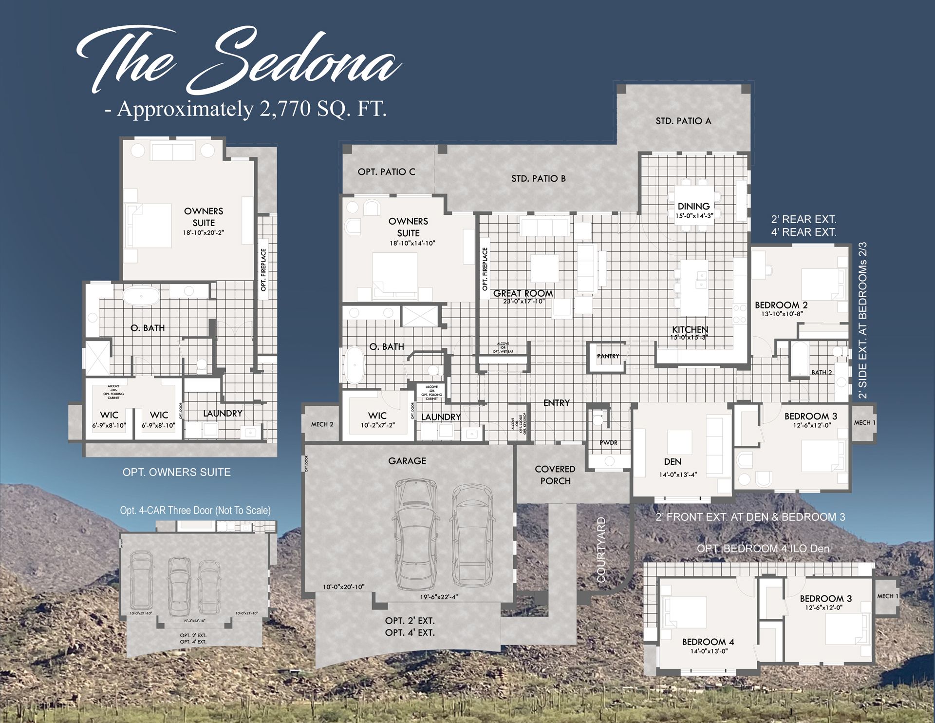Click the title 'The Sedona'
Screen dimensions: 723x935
coord(239,61)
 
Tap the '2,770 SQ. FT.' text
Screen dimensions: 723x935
coord(323,108)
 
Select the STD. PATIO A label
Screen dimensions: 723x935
coord(683,121)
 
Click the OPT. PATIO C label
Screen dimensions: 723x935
coord(386,171)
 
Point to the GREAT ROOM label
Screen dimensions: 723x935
coord(523,293)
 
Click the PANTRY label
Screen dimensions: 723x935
coord(608,356)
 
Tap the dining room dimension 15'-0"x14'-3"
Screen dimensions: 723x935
coord(694,215)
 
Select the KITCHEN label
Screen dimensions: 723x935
coord(690,330)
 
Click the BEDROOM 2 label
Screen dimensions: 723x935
coord(781,305)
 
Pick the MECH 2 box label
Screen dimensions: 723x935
coord(322,424)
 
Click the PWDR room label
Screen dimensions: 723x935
coord(608,442)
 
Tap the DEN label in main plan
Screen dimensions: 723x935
coord(673,461)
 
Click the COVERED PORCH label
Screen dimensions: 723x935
coord(555,475)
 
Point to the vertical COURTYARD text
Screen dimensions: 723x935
coord(601,550)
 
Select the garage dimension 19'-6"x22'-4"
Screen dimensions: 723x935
coord(439,597)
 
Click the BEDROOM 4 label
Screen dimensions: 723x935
coord(708,642)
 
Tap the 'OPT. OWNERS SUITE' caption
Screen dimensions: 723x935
coord(176,472)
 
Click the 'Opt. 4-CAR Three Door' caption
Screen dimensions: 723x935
coord(195,510)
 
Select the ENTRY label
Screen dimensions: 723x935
coord(556,403)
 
